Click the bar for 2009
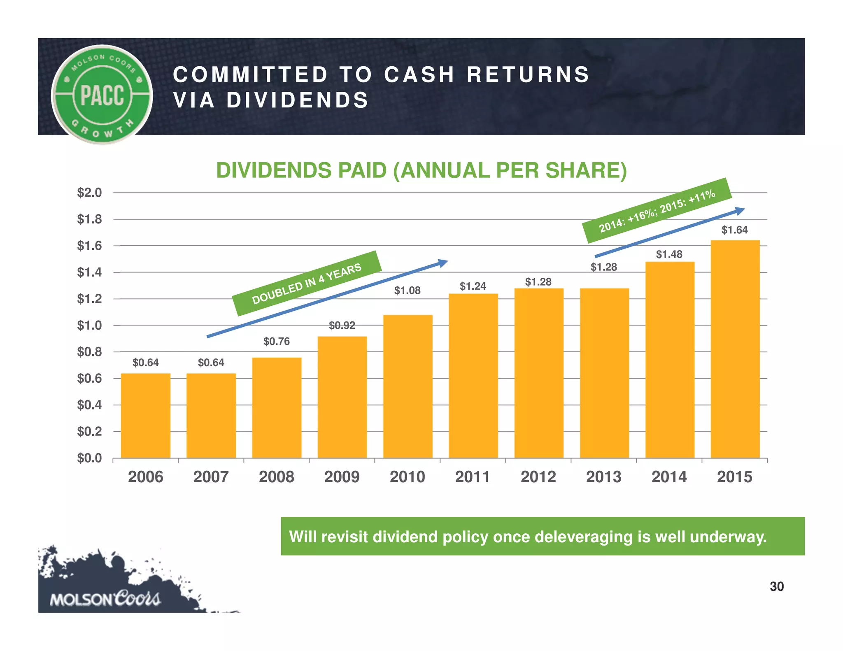coord(342,397)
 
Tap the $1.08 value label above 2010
coord(407,291)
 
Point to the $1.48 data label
coord(669,254)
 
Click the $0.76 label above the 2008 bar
coord(276,342)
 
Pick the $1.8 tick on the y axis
coord(89,219)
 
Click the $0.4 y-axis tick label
coord(89,405)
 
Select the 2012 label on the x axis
coord(538,477)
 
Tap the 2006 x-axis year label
coord(145,477)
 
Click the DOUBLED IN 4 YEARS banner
coord(307,284)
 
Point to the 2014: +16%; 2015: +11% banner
coord(657,210)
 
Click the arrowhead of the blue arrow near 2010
coord(443,263)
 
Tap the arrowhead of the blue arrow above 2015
coord(740,211)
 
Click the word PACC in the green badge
coord(102,95)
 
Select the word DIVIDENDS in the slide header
coord(297,100)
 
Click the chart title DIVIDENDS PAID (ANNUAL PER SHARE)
coord(421,170)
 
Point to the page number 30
coord(776,586)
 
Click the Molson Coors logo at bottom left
coord(105,599)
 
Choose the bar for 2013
coord(604,373)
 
